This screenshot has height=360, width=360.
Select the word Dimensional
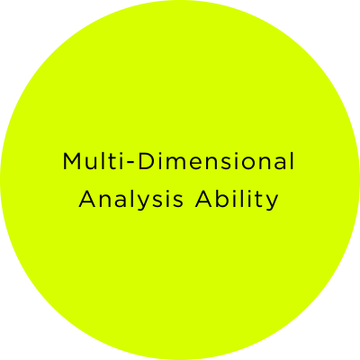pyautogui.click(x=216, y=161)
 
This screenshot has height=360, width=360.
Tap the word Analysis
pyautogui.click(x=130, y=200)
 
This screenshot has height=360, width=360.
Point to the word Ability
pyautogui.click(x=237, y=200)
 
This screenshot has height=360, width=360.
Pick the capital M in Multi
pyautogui.click(x=71, y=161)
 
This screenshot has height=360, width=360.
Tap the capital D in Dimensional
pyautogui.click(x=146, y=161)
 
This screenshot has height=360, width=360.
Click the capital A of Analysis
pyautogui.click(x=87, y=199)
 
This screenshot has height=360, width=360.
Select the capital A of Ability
pyautogui.click(x=203, y=199)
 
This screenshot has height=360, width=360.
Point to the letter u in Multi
pyautogui.click(x=92, y=164)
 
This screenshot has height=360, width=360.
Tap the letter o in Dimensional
pyautogui.click(x=253, y=164)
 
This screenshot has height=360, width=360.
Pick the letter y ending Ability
pyautogui.click(x=273, y=203)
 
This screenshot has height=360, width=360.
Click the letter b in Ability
pyautogui.click(x=223, y=199)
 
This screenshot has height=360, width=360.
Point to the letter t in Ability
pyautogui.click(x=259, y=200)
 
